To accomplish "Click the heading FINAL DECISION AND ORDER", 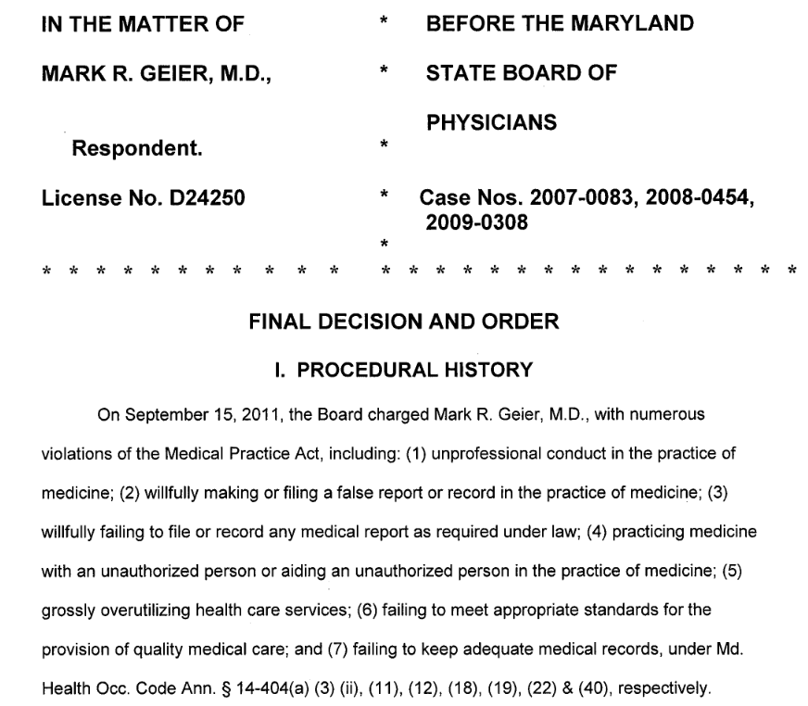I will (404, 321).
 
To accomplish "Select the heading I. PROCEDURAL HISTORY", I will (404, 370).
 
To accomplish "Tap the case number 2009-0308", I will (476, 222).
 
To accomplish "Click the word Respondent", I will (137, 146).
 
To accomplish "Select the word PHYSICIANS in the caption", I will (491, 121).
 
